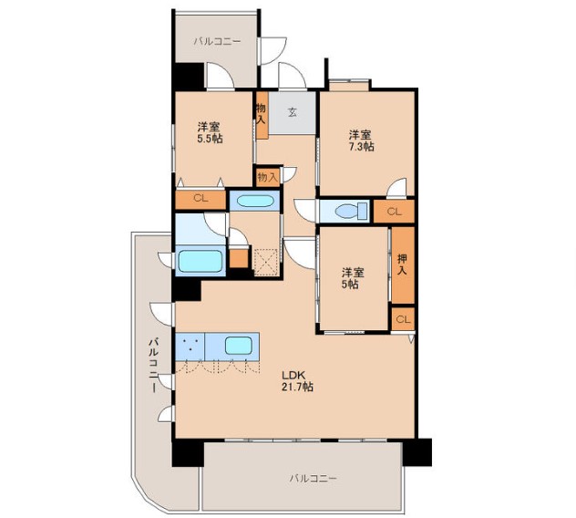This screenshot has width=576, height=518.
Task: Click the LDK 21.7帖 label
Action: pyautogui.click(x=297, y=381)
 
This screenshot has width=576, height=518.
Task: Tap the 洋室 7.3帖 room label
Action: pyautogui.click(x=362, y=140)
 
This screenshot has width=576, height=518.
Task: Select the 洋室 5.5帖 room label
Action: pyautogui.click(x=210, y=133)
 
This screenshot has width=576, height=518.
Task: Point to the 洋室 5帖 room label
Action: pyautogui.click(x=353, y=278)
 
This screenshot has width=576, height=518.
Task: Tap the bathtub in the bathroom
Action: pyautogui.click(x=201, y=261)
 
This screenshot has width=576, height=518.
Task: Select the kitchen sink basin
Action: pyautogui.click(x=239, y=346)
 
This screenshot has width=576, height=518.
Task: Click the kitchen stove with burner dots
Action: pyautogui.click(x=190, y=347)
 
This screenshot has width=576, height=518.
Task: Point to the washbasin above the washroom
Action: pyautogui.click(x=255, y=202)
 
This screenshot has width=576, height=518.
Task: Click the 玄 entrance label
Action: pyautogui.click(x=293, y=112)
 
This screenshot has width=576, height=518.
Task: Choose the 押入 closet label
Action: pyautogui.click(x=403, y=264)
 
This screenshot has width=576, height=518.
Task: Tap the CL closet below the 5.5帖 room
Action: pyautogui.click(x=201, y=199)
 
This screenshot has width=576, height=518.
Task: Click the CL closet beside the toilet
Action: pyautogui.click(x=394, y=212)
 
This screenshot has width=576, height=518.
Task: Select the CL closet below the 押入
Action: pyautogui.click(x=404, y=319)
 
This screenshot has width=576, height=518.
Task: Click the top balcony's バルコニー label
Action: pyautogui.click(x=217, y=41)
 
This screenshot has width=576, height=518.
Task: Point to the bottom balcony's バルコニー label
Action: pyautogui.click(x=313, y=478)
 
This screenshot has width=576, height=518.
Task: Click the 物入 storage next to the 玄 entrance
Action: pyautogui.click(x=262, y=114)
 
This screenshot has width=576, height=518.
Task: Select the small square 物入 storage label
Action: pyautogui.click(x=267, y=177)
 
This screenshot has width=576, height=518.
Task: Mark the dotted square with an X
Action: pyautogui.click(x=266, y=262)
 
